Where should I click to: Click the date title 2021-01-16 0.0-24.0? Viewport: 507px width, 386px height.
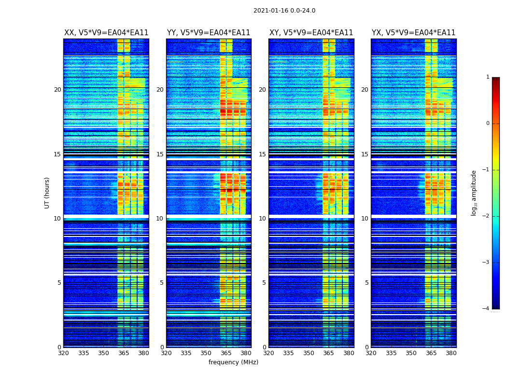(x=284, y=11)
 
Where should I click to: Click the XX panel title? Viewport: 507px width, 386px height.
(x=106, y=33)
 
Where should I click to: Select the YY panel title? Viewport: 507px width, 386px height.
(x=209, y=33)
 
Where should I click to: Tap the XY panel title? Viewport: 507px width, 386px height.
(x=311, y=33)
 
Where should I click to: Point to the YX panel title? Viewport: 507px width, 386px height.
(x=413, y=33)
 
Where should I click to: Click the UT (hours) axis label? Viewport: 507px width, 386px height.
(x=47, y=193)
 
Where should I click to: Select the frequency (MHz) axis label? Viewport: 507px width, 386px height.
(x=233, y=362)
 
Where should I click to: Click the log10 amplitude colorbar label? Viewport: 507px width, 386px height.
(x=474, y=193)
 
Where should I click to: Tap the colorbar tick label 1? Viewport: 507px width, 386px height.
(x=488, y=77)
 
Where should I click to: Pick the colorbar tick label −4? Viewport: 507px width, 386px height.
(x=486, y=309)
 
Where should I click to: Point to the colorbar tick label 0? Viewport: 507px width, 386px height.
(x=488, y=124)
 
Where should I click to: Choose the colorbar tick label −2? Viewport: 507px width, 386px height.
(x=486, y=216)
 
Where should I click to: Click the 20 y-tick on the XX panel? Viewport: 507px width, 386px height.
(x=57, y=90)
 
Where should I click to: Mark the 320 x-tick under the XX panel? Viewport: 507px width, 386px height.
(x=63, y=353)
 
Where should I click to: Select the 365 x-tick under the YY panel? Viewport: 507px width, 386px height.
(x=226, y=353)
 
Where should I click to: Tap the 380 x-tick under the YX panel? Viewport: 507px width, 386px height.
(x=451, y=353)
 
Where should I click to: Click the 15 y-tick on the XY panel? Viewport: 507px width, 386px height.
(x=262, y=154)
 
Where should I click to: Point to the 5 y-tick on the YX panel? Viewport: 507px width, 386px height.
(x=366, y=283)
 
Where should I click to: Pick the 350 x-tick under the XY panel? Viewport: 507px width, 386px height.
(x=309, y=353)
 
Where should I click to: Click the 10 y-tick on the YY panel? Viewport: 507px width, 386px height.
(x=160, y=219)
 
